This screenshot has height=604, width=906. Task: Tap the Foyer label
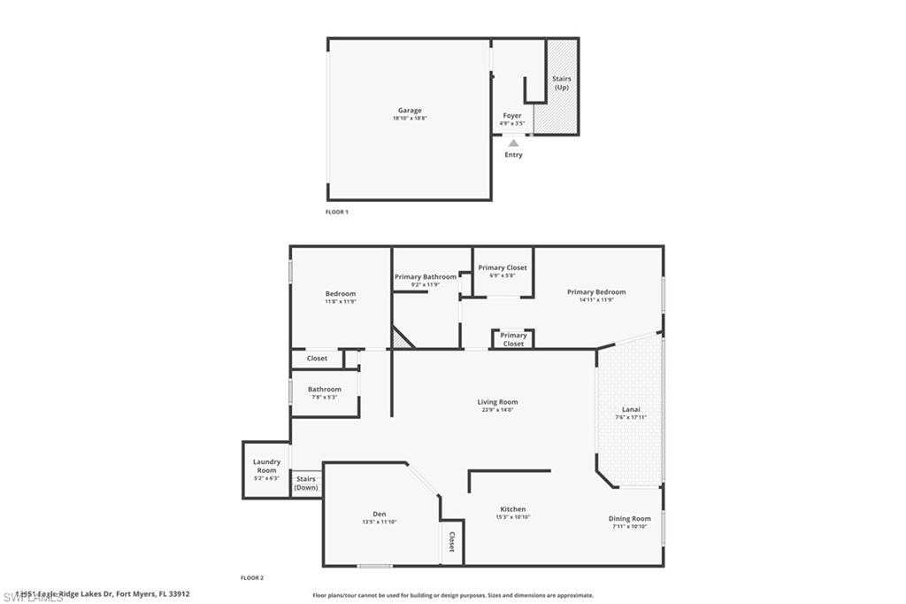tap(512, 115)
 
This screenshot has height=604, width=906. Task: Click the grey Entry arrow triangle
tap(513, 143)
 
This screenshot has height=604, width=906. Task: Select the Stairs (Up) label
tap(561, 83)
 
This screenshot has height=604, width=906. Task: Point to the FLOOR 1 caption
tap(337, 213)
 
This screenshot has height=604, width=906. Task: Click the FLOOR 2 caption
tap(252, 577)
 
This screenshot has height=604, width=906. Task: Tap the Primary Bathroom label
tap(426, 277)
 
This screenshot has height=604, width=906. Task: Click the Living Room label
tap(497, 402)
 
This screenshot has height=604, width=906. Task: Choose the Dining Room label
tap(629, 518)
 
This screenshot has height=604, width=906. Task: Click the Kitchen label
tap(513, 509)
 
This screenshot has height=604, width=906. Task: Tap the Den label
tap(379, 514)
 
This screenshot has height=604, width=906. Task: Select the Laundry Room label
tap(266, 466)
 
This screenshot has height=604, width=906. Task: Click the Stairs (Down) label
tap(306, 483)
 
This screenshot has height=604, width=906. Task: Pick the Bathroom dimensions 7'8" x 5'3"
tap(325, 397)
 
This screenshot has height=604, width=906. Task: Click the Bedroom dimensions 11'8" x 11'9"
tap(341, 301)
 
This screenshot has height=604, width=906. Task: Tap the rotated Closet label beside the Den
tap(451, 542)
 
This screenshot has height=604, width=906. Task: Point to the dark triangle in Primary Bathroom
tap(400, 339)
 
